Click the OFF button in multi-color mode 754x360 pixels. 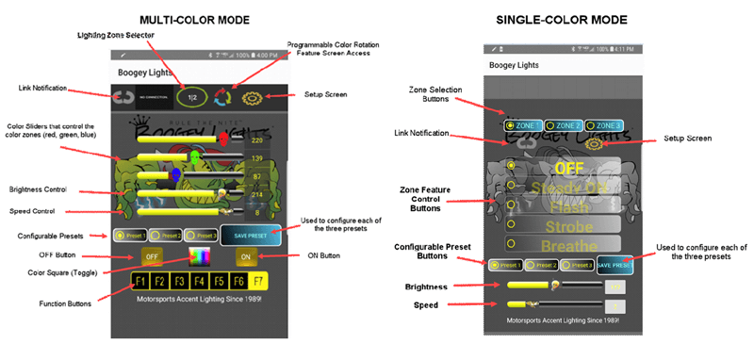point(153,256)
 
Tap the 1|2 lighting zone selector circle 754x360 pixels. point(191,96)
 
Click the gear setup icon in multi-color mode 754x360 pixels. point(252,96)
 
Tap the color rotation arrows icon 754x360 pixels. point(221,96)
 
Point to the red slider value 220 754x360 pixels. point(257,140)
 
